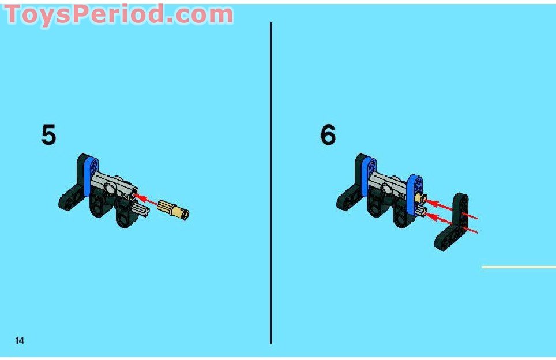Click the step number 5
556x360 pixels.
48,134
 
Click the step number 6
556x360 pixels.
328,134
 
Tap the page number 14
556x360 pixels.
20,340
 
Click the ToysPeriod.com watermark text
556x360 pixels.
119,14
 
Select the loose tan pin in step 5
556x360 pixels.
174,209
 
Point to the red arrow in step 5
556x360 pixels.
145,200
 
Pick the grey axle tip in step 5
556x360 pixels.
142,211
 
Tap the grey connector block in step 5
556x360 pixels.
113,185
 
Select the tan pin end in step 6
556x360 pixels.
421,198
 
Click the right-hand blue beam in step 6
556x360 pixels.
414,194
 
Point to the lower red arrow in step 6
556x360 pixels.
451,223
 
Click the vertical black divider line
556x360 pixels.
271,183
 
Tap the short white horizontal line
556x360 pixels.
519,267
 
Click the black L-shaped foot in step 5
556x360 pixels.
75,189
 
